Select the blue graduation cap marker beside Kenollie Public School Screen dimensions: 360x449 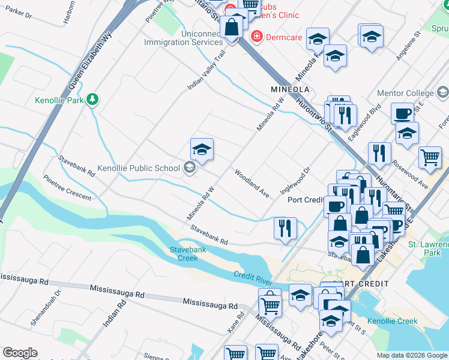(202, 151)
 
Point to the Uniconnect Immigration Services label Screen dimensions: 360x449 (183, 38)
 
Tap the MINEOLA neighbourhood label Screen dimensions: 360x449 (290, 89)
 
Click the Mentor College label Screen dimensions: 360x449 (405, 93)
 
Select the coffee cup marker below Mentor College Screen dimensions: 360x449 (402, 113)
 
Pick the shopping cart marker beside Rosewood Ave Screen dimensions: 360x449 (430, 158)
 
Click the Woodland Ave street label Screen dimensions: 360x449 (252, 184)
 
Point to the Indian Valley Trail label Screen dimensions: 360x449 (206, 70)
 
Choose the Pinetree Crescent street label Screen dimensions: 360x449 (67, 188)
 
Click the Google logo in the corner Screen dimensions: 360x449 (19, 353)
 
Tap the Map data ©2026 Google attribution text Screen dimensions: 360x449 (411, 355)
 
